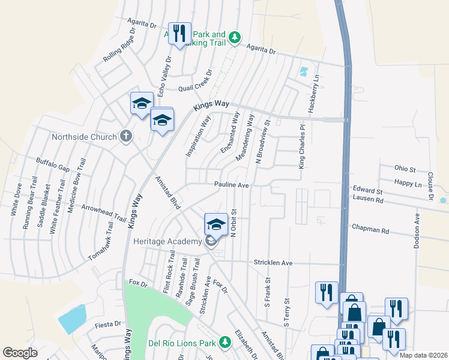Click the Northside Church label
(x=84, y=137)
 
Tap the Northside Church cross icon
(x=126, y=136)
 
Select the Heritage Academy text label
(x=166, y=241)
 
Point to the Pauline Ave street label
(x=232, y=185)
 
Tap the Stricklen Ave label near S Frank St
(x=273, y=263)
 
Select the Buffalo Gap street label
(x=53, y=163)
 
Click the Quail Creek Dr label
(x=196, y=88)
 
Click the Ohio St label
(x=405, y=169)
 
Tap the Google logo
(x=20, y=352)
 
